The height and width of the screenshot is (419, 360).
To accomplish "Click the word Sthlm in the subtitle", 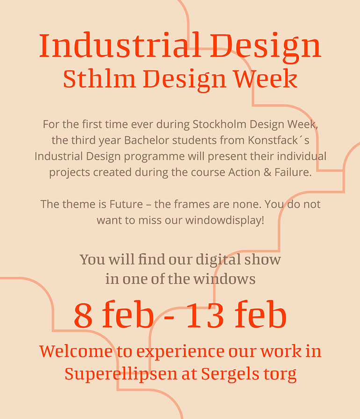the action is tap(99, 78).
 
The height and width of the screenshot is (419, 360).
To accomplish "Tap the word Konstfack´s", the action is tap(279, 140).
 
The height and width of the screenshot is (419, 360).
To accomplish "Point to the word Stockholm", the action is tap(219, 124).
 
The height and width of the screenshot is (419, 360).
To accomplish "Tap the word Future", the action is tap(126, 204).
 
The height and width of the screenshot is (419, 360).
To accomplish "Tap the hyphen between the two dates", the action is tap(169, 319).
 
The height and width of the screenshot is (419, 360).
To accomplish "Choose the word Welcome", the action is tap(76, 351).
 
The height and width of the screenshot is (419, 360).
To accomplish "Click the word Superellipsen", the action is tap(121, 374).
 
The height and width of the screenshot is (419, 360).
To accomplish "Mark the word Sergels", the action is tap(230, 374).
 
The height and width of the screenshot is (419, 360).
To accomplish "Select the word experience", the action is tap(180, 352).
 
